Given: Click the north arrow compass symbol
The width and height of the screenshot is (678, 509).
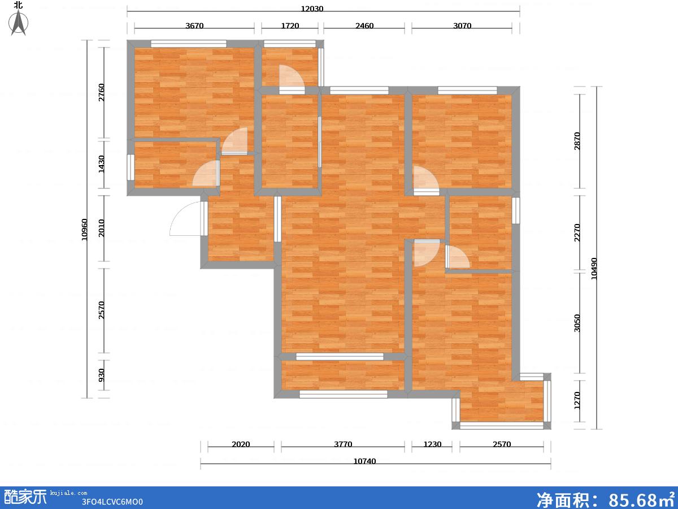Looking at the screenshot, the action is point(19,22).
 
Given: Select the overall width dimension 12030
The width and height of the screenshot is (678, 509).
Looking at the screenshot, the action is point(312,8).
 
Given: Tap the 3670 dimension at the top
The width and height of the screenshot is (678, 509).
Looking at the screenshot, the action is point(194,25).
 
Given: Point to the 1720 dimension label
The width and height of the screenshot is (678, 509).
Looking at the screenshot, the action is point(290,25).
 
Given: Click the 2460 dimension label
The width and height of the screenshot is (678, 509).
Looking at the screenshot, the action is point(364,25).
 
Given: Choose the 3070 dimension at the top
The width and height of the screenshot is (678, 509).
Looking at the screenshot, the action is point(462,25).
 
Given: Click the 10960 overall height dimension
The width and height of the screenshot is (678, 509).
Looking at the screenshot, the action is point(84,229).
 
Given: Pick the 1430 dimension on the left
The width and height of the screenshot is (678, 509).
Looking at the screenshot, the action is point(101,164).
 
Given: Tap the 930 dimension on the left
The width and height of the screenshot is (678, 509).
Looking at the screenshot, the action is point(101,375).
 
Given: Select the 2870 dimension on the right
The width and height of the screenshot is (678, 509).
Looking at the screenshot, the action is point(577,141).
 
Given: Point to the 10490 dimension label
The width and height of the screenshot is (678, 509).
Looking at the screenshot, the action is point(594,269).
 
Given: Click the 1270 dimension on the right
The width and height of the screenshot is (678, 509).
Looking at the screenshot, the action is point(577,400).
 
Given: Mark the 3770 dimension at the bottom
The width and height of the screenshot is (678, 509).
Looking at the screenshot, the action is point(343,444).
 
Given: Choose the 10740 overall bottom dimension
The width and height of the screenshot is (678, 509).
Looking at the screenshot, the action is point(364,461).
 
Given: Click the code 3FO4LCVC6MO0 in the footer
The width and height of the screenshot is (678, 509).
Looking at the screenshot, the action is point(112,502).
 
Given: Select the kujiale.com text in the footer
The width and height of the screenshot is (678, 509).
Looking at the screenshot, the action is point(68,493).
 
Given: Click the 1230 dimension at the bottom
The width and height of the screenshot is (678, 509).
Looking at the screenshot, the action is point(432,444).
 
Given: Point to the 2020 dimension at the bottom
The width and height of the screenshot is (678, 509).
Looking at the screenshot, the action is point(241,444).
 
